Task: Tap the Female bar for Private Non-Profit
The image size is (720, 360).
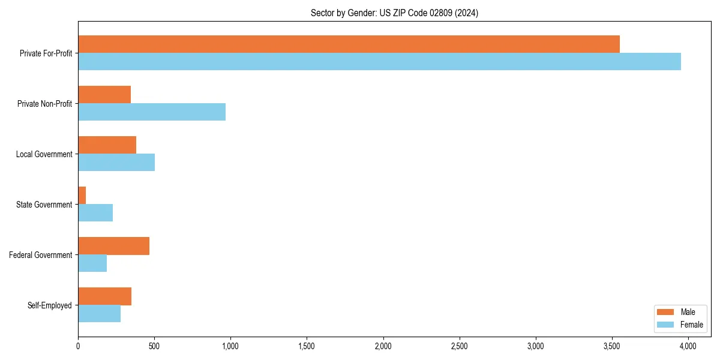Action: click(x=152, y=112)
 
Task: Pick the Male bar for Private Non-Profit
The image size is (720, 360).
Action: click(x=104, y=95)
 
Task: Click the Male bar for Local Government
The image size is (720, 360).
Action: click(x=107, y=145)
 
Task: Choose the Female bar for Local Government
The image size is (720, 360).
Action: click(x=116, y=163)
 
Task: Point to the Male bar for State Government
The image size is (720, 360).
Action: click(x=82, y=196)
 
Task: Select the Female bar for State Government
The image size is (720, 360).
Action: click(x=95, y=213)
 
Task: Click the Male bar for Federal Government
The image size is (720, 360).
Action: click(x=113, y=246)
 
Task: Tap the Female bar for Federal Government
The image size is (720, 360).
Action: click(x=92, y=263)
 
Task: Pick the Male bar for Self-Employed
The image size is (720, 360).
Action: click(x=104, y=296)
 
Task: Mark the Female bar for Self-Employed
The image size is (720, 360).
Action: click(x=99, y=314)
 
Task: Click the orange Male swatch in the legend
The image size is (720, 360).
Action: click(x=666, y=312)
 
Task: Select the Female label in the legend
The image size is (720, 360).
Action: click(x=691, y=325)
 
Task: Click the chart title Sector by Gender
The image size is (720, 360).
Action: click(x=394, y=13)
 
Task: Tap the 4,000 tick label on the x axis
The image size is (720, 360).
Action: click(x=688, y=346)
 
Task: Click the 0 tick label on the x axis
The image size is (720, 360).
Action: click(x=78, y=346)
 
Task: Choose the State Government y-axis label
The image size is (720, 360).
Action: click(x=44, y=205)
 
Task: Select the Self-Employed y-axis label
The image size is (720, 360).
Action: click(x=50, y=305)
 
